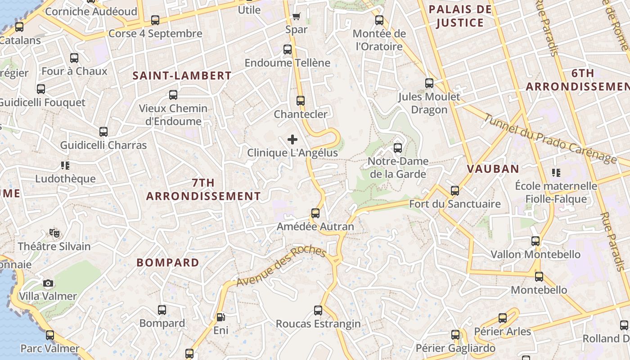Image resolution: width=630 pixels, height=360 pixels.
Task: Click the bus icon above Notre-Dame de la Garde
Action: pos(397,148)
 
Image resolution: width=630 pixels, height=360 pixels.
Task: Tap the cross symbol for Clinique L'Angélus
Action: pos(292,139)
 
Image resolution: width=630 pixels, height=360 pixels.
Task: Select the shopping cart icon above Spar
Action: pos(296,17)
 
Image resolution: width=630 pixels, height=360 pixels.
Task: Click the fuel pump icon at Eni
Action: pos(220,317)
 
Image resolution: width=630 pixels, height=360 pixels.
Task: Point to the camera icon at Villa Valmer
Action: pos(48,283)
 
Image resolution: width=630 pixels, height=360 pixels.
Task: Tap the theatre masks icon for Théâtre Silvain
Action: pos(54,233)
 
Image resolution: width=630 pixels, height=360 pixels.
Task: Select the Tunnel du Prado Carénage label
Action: pos(549,138)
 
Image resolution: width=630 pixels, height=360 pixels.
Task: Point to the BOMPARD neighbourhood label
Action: pos(168,263)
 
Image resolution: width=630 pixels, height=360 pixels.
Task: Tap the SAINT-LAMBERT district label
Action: pos(182,76)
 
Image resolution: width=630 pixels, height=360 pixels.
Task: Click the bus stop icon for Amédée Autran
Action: pos(315,213)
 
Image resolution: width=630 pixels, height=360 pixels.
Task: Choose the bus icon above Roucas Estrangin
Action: pos(318,310)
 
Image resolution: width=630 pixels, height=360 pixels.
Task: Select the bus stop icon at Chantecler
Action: pos(301,101)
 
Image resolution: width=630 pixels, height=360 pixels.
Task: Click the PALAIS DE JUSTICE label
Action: pos(460,16)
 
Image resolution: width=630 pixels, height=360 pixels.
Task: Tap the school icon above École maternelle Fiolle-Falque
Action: pos(556,172)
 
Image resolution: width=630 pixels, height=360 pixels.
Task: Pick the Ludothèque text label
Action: pos(66,179)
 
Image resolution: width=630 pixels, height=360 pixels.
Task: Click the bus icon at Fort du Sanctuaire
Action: pos(455,191)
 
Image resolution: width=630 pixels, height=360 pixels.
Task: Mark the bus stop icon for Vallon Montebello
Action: pos(535,241)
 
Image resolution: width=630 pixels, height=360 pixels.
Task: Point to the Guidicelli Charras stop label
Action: pos(103,145)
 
